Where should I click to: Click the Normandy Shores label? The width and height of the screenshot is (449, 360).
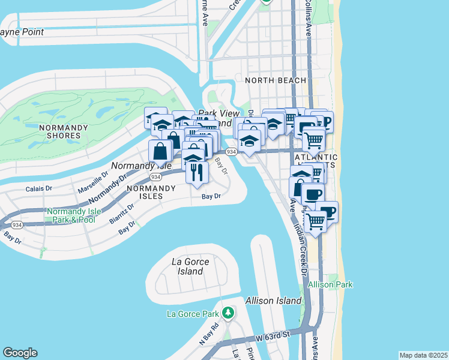click(63, 131)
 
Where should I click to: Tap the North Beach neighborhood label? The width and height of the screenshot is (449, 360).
click(276, 80)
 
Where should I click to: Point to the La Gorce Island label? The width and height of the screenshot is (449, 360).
click(187, 266)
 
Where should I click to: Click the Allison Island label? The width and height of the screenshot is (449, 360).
click(273, 300)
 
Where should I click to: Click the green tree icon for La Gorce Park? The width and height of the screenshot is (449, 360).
click(228, 313)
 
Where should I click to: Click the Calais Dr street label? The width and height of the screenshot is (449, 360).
click(40, 188)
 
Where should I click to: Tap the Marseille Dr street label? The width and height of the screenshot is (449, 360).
click(93, 181)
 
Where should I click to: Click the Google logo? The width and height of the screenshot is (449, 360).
click(20, 353)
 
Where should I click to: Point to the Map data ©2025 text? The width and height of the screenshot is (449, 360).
click(423, 355)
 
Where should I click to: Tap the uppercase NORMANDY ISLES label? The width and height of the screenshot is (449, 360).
click(151, 188)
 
